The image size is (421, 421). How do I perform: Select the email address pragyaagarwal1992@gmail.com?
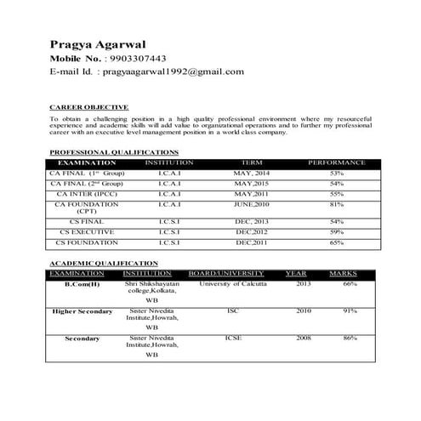(174, 71)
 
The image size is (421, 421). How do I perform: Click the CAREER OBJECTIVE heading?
(89, 107)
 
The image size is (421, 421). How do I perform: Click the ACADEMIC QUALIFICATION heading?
(104, 264)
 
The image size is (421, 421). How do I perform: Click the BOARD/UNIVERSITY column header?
(226, 273)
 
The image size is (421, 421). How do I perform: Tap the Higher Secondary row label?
(82, 311)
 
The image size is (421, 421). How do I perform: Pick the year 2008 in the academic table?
(304, 338)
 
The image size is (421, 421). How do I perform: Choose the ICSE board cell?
(233, 338)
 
